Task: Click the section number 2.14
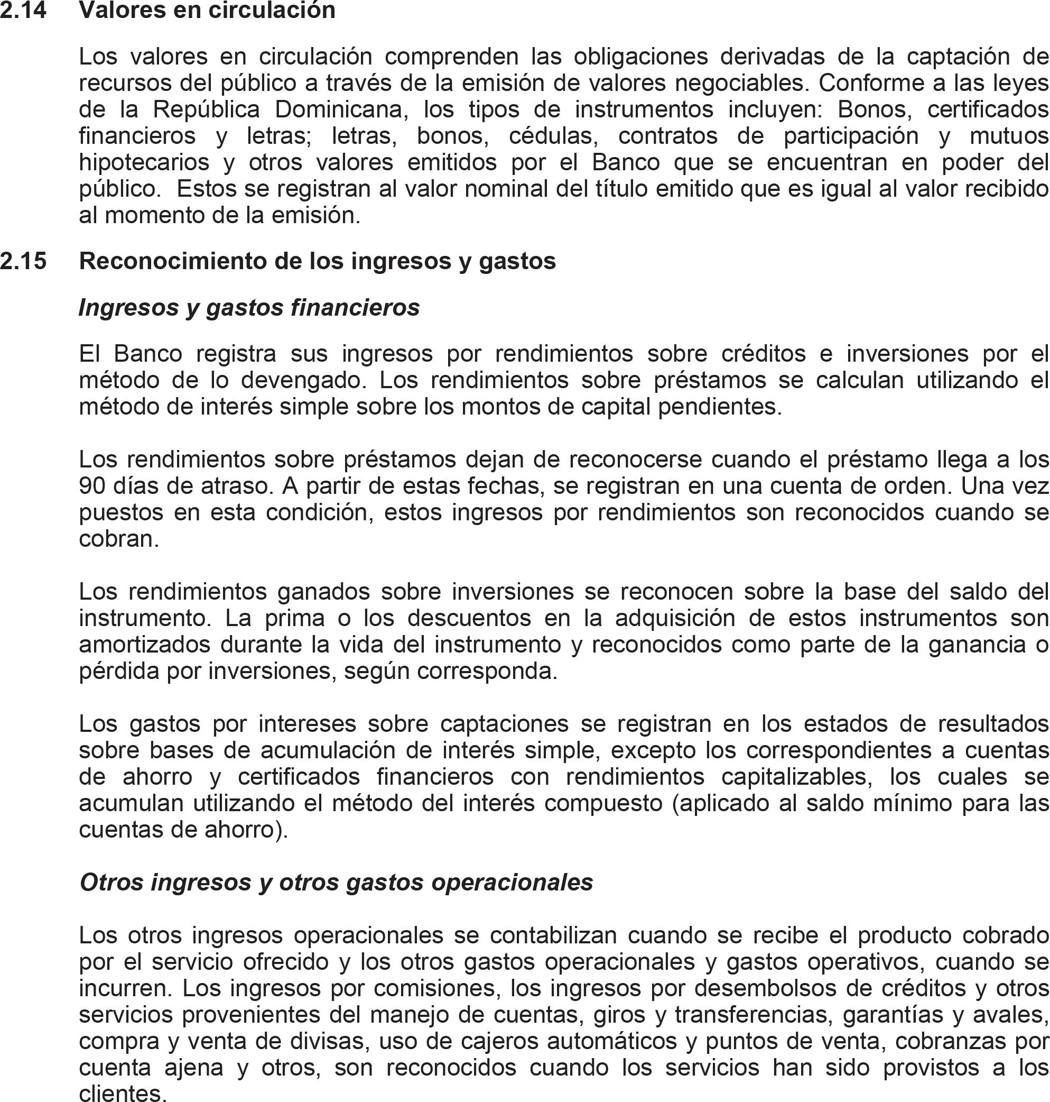click(x=23, y=10)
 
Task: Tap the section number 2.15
click(x=23, y=261)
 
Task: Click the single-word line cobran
click(x=119, y=539)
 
